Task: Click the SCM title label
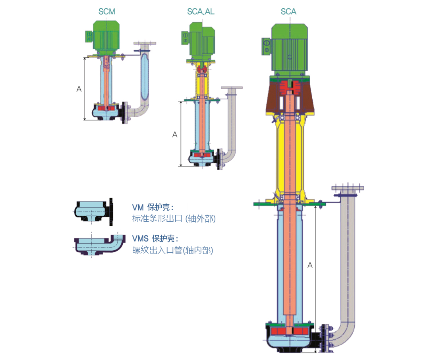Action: click(106, 12)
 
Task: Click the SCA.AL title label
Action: click(201, 12)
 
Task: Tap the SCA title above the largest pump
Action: click(288, 12)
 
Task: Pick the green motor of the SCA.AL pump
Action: click(200, 42)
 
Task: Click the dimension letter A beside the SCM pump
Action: click(79, 89)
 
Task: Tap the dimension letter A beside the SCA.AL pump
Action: click(175, 135)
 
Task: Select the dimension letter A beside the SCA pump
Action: click(310, 265)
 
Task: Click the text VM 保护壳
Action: click(153, 207)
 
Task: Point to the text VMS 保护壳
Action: click(155, 238)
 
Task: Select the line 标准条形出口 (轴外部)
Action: click(174, 219)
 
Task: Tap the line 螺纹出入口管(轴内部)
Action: click(173, 250)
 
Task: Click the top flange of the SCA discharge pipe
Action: click(348, 188)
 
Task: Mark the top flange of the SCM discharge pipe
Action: click(145, 43)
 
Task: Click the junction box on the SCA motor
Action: click(266, 46)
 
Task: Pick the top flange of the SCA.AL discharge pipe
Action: click(232, 88)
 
